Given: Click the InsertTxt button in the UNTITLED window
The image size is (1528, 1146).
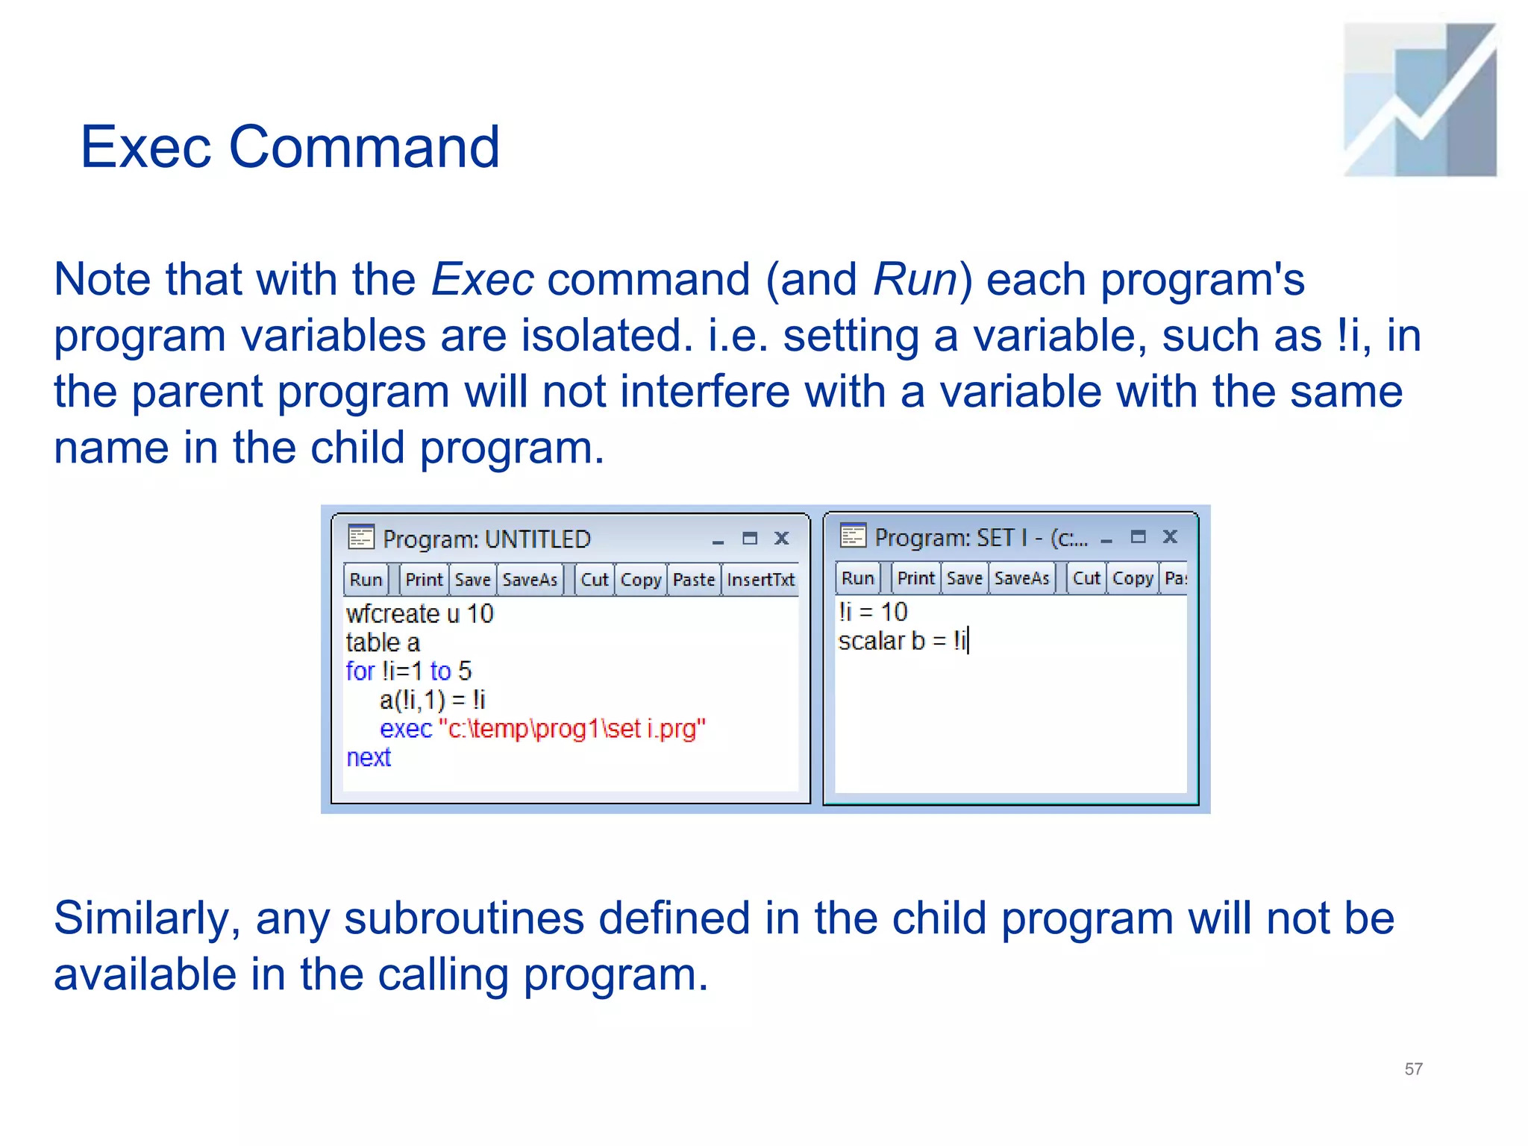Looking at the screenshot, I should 760,580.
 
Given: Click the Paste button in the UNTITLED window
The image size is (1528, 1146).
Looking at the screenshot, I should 693,580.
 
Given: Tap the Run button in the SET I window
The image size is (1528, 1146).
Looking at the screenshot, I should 857,578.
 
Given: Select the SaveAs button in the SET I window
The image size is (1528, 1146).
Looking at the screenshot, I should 1021,578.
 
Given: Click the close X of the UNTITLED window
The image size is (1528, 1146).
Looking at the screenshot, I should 781,538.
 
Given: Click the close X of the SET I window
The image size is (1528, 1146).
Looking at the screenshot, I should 1170,536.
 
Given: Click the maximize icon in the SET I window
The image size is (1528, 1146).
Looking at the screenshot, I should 1138,536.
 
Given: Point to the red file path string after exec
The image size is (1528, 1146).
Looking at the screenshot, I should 572,728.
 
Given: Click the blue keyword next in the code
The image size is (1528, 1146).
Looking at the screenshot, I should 369,757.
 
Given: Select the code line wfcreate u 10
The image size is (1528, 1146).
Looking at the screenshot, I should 419,613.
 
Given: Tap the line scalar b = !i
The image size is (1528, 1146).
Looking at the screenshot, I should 902,641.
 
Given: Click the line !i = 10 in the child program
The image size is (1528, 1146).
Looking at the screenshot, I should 872,612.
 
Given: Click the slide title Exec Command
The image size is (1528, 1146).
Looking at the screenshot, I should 289,147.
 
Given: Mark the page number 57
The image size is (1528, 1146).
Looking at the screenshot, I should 1413,1068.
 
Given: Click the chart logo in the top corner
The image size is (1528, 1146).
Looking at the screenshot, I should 1420,100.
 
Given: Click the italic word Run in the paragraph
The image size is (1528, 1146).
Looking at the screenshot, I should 915,280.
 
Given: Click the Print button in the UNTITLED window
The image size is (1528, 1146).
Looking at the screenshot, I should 424,580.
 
